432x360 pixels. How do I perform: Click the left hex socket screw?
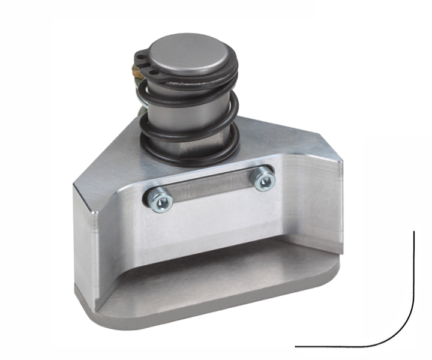click(158, 199)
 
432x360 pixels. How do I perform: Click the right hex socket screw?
click(263, 179)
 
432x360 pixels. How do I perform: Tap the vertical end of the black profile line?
click(415, 234)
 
